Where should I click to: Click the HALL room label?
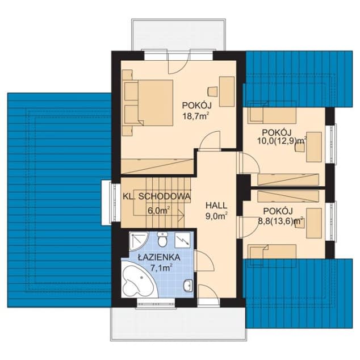point(216,205)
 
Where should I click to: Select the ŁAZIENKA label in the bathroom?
point(158,257)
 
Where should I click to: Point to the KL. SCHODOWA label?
point(157,196)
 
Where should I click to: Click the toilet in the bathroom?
point(162,239)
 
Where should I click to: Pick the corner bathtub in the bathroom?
point(139,279)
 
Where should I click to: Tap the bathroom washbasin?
point(188,286)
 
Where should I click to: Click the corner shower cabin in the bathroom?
point(139,241)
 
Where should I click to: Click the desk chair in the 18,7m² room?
point(212,91)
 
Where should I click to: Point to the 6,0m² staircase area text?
point(158,210)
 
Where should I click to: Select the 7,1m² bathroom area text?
point(161,267)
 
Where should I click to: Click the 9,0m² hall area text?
point(216,216)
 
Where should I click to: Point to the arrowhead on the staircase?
point(181,215)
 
